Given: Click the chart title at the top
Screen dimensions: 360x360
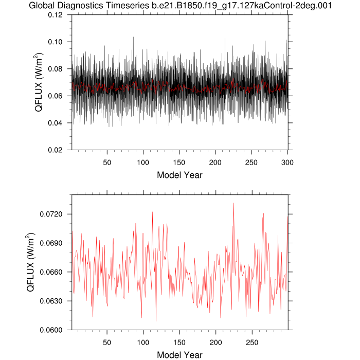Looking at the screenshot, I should point(180,6).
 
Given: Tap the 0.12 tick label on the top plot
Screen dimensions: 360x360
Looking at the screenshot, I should point(56,15).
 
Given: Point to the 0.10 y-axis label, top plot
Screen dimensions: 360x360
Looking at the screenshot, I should point(56,42).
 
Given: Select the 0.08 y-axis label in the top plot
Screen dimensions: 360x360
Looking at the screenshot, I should point(56,69).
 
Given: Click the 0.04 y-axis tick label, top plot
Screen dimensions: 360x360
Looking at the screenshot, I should point(56,123).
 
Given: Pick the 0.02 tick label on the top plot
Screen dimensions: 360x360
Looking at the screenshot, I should point(56,150).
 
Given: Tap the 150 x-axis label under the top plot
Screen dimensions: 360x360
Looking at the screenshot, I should point(179,161).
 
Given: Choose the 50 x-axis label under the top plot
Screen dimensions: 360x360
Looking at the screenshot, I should point(107,161).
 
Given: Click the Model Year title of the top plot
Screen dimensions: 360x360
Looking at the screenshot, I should point(179,175).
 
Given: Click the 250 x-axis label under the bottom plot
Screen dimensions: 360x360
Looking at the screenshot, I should point(252,341).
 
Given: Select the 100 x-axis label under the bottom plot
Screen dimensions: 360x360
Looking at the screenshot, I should point(143,341).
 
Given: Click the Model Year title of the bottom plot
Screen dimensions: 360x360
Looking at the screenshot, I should point(179,355).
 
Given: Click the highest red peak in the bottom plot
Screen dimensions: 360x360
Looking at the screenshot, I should point(233,203).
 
